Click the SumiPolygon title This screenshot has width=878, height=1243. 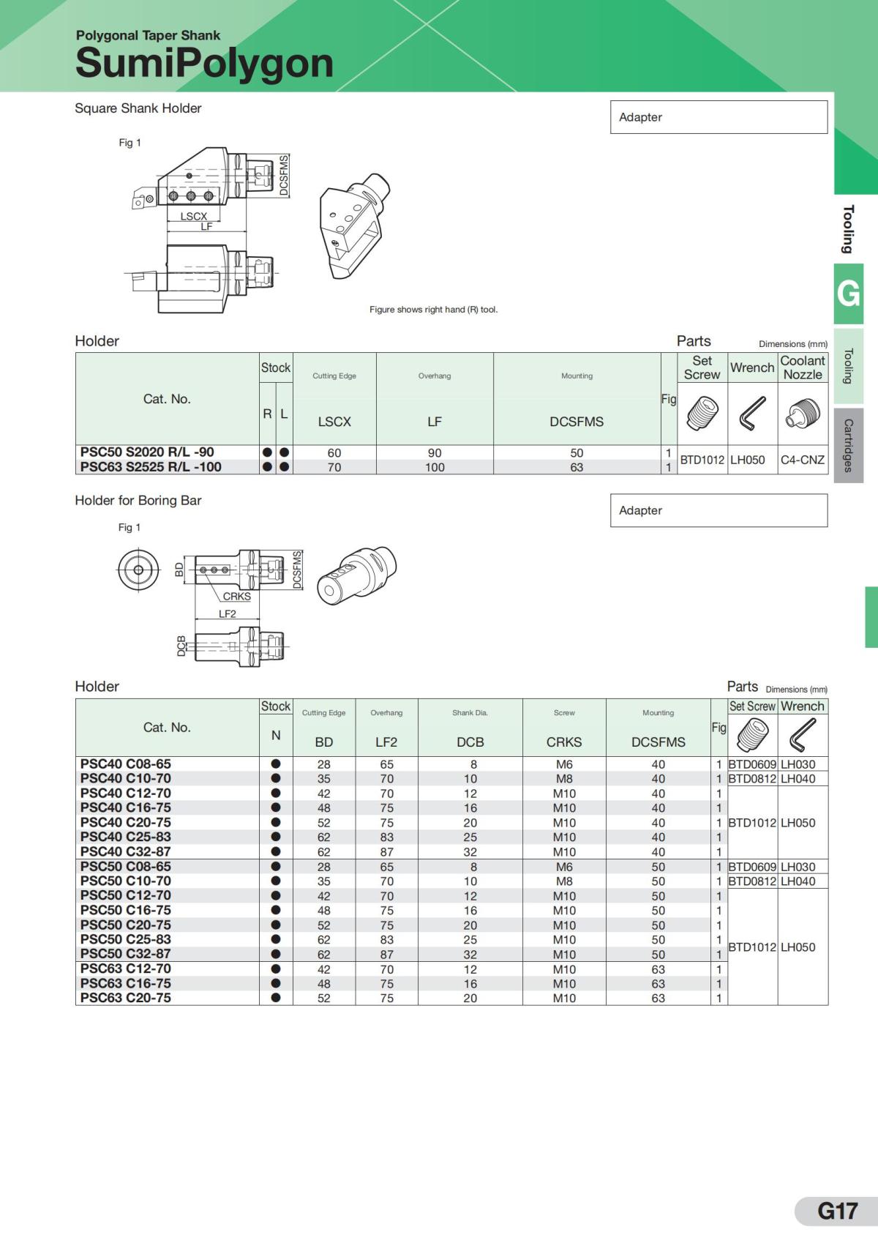[204, 63]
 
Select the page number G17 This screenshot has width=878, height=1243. [838, 1211]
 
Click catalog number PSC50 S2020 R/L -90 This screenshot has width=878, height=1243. [147, 452]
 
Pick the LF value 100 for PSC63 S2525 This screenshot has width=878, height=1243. [435, 467]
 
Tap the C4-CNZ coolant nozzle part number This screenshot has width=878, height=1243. [803, 460]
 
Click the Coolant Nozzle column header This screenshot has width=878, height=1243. [803, 367]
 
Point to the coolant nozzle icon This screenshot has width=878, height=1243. [803, 414]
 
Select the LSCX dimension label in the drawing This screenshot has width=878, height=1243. [194, 217]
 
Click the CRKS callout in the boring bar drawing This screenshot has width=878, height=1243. [237, 597]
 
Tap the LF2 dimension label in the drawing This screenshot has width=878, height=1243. [228, 613]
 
